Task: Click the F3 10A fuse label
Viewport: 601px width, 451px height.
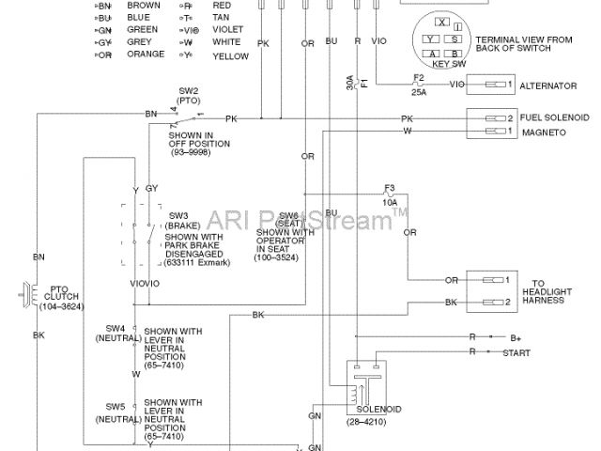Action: click(389, 194)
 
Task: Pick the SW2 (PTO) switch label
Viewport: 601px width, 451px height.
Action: click(188, 96)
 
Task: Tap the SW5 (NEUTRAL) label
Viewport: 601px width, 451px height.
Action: click(117, 410)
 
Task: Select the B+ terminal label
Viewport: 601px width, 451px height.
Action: click(516, 336)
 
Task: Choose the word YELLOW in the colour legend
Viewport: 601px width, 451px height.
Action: click(231, 55)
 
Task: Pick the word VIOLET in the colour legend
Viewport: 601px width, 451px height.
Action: click(228, 29)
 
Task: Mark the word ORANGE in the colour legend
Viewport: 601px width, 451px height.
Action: click(146, 55)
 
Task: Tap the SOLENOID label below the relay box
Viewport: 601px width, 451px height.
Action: click(379, 411)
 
